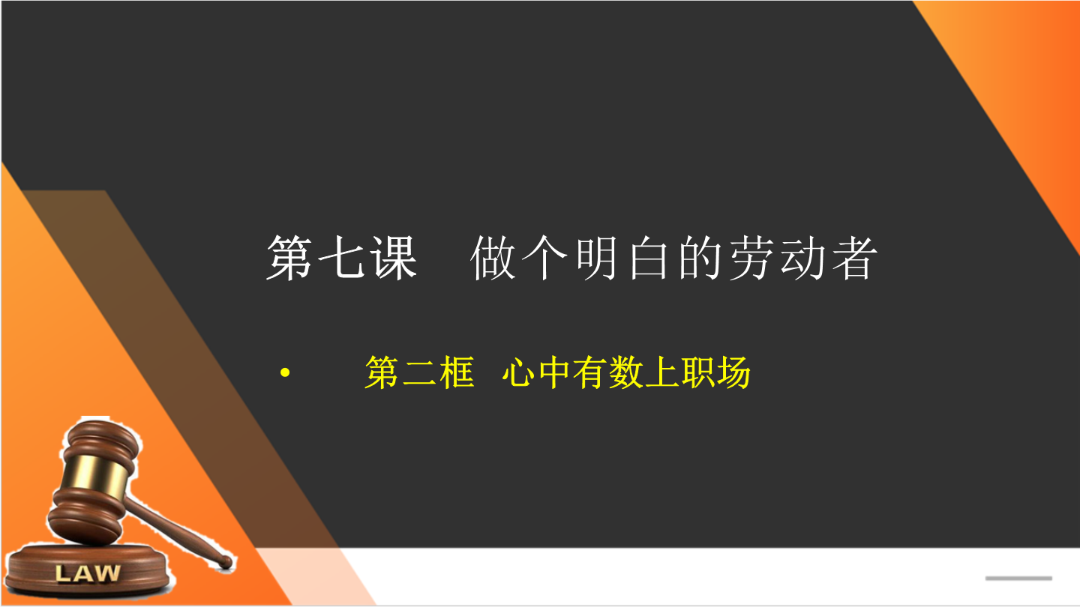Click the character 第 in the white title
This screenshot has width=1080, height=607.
pos(289,258)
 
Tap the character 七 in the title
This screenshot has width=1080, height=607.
pos(340,258)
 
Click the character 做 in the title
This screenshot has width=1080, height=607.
pos(493,258)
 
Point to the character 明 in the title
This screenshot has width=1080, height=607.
pos(596,258)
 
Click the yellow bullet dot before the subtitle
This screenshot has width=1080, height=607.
pos(285,372)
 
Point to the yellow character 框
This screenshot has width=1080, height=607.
pos(456,372)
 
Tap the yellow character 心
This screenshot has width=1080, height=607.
pos(518,372)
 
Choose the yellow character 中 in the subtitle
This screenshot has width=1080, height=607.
pos(554,372)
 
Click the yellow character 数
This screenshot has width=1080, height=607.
pos(625,372)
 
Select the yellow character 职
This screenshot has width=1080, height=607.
pos(697,372)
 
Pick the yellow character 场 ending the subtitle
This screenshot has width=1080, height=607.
pos(733,372)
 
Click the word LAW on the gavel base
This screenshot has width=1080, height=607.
pos(87,573)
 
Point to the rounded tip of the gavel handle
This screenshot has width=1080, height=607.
pos(226,562)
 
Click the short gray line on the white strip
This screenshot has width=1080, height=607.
pos(1018,578)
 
